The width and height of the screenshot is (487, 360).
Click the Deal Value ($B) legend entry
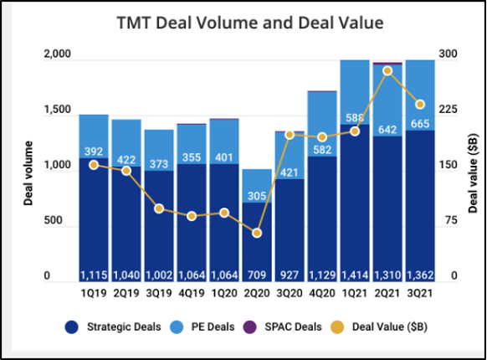pos(393,326)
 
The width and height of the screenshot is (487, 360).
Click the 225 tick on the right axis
pos(449,110)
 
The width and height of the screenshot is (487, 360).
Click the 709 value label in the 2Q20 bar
pos(257,275)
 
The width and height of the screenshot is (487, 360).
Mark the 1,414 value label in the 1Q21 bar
pos(354,275)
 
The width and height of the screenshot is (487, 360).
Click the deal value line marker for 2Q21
pos(387,70)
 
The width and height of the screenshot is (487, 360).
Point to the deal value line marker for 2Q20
pos(257,233)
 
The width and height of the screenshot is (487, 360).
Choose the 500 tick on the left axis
pos(55,221)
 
